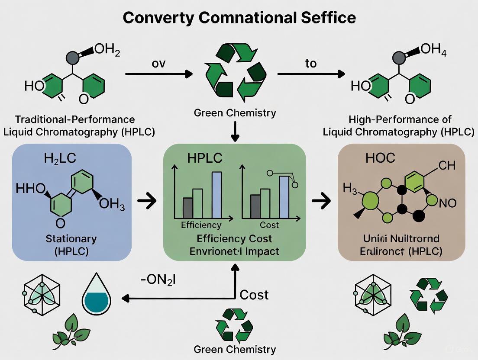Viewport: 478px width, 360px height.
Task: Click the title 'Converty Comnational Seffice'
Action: point(239,18)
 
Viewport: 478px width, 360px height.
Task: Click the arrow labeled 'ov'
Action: point(158,74)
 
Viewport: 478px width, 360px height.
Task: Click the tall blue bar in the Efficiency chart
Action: point(217,195)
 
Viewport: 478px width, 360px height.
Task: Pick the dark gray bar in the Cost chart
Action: point(255,206)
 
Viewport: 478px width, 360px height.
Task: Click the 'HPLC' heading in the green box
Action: point(205,158)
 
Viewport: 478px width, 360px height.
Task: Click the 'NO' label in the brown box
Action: point(448,203)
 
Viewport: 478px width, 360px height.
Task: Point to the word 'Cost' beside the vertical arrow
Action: point(254,295)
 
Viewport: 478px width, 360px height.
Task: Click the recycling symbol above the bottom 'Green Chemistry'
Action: point(234,325)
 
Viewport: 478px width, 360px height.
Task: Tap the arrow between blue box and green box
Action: point(147,201)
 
